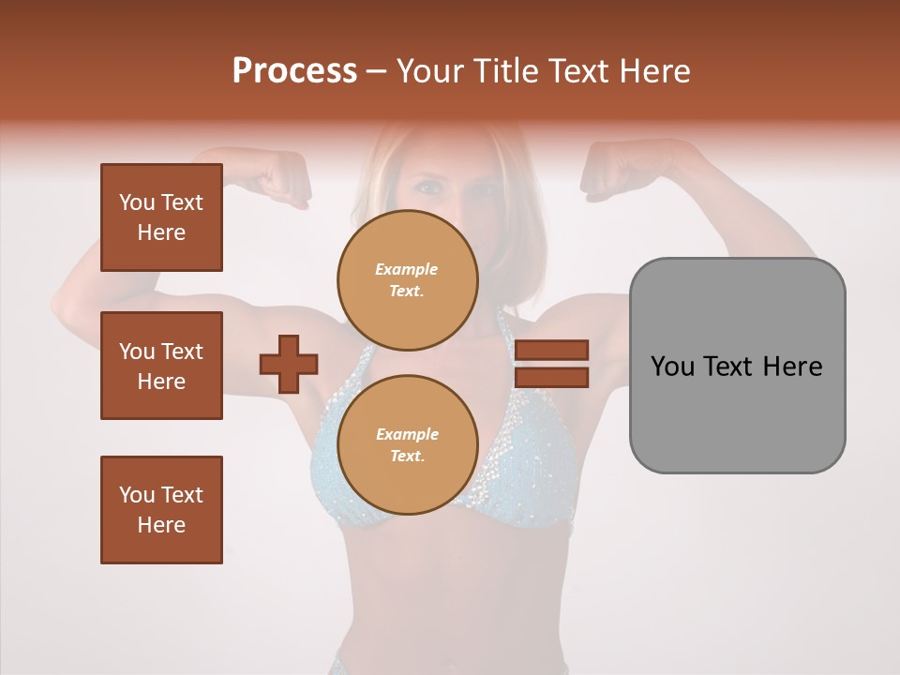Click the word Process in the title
coord(294,70)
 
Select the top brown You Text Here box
coord(161,217)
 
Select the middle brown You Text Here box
coord(161,366)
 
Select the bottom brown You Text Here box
coord(161,510)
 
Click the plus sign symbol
coord(289,364)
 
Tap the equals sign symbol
coord(552,364)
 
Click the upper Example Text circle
coord(408,279)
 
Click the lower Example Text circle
coord(408,445)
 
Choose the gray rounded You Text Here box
coord(737,366)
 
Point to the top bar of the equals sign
coord(552,350)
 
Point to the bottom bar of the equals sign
coord(552,378)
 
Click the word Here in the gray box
coord(792,367)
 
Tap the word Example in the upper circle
coord(407,269)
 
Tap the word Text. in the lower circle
coord(407,457)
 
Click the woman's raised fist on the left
coord(284,178)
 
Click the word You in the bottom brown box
coord(136,495)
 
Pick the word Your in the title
coord(430,70)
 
